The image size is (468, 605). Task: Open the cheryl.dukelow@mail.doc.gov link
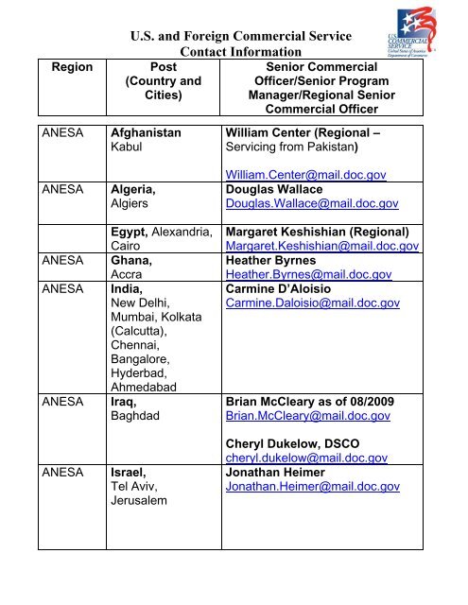coord(305,458)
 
